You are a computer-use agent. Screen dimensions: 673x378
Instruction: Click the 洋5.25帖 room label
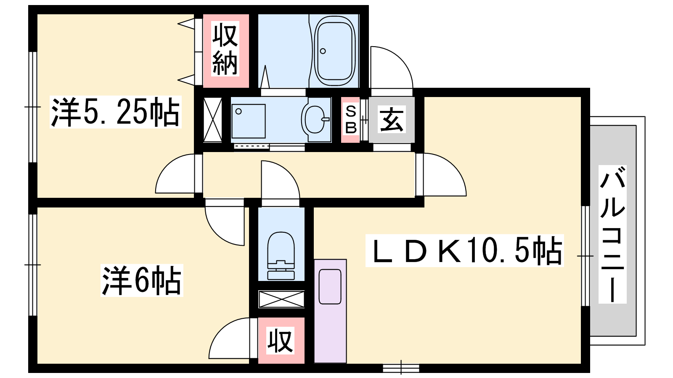(115, 112)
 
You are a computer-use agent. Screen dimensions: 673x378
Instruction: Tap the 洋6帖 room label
(142, 281)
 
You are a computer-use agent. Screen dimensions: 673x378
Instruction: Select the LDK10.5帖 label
(464, 250)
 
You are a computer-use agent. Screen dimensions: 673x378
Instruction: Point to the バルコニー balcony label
(612, 234)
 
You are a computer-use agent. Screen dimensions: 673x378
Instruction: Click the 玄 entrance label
(392, 120)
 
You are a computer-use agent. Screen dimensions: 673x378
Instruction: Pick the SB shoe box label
(351, 120)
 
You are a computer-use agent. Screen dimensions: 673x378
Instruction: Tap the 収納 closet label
(225, 49)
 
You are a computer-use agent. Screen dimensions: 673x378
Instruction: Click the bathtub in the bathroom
(334, 50)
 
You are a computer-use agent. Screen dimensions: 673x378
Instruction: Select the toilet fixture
(281, 256)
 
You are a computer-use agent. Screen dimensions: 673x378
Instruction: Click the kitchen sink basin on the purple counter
(330, 286)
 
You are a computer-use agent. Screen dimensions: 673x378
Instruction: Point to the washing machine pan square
(249, 121)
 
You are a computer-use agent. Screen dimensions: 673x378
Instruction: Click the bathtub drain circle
(323, 51)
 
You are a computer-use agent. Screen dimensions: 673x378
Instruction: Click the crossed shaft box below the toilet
(281, 299)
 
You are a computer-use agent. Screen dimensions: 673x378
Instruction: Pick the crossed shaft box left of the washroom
(212, 119)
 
